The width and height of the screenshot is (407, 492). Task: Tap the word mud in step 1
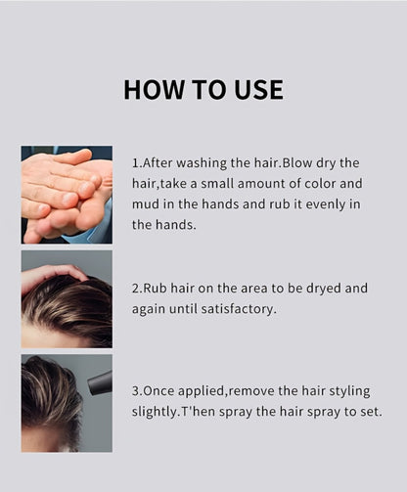tap(143, 204)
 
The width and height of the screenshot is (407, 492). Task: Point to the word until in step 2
tap(183, 309)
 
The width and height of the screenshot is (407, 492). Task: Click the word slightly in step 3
tap(155, 412)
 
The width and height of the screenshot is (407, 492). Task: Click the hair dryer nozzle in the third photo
tap(100, 382)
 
